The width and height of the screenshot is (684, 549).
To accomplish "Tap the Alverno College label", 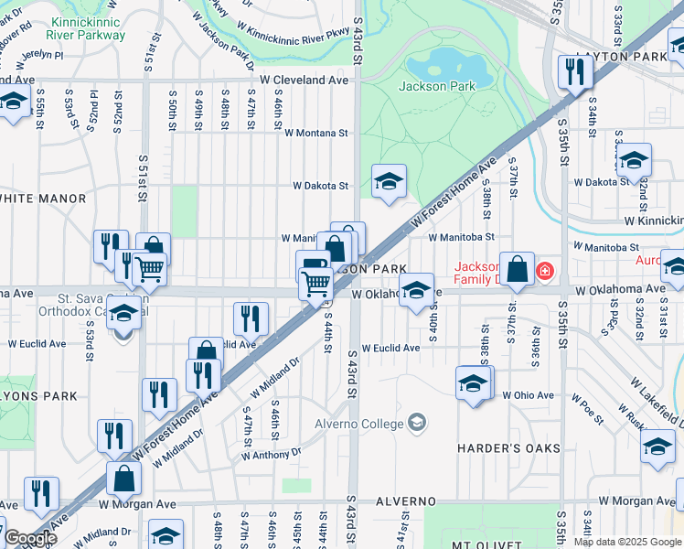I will click(x=358, y=424).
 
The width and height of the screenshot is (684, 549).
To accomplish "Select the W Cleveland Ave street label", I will click(x=304, y=81).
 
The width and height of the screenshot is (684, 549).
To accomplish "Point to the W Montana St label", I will click(x=315, y=133).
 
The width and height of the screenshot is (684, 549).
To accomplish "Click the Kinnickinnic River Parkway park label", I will click(x=89, y=28).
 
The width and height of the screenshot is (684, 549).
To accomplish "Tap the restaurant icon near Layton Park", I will click(x=574, y=72).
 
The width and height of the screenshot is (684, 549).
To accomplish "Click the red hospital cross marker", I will click(x=545, y=272).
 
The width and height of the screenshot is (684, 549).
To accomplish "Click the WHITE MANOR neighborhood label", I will click(x=41, y=199).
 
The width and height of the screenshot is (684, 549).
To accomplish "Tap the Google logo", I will click(x=29, y=538).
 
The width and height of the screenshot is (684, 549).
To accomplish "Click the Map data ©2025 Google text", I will click(x=627, y=542).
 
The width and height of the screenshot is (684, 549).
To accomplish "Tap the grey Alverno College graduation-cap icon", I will click(x=417, y=423).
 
